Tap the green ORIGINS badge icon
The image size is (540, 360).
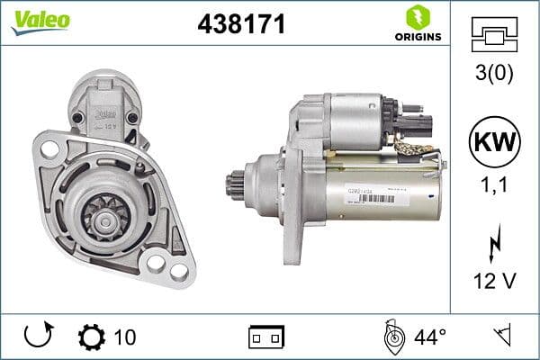pos(417,17)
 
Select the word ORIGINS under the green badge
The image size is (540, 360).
pos(417,37)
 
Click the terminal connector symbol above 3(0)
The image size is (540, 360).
pos(494,35)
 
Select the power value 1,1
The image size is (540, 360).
pos(494,185)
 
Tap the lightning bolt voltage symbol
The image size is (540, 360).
pos(494,243)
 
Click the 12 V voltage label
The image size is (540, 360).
pos(494,281)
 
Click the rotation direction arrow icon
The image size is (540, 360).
pos(37,337)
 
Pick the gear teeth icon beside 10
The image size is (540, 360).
pos(92,337)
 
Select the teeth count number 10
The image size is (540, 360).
pos(125,337)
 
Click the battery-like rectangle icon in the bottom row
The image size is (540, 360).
pos(266,337)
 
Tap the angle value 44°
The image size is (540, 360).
pos(429,337)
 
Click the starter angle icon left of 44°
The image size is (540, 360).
pos(392,337)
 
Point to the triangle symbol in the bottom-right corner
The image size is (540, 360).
pos(501,337)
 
